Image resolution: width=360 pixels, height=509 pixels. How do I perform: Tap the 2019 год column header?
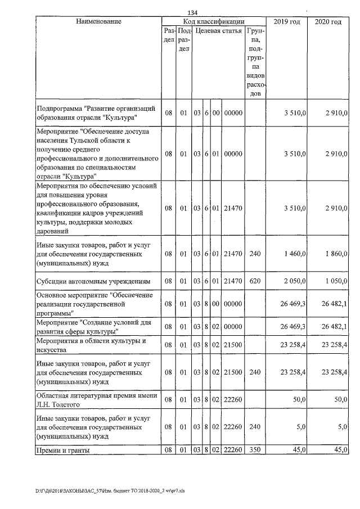[286, 21]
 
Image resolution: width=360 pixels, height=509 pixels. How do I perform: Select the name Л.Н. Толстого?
[60, 404]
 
